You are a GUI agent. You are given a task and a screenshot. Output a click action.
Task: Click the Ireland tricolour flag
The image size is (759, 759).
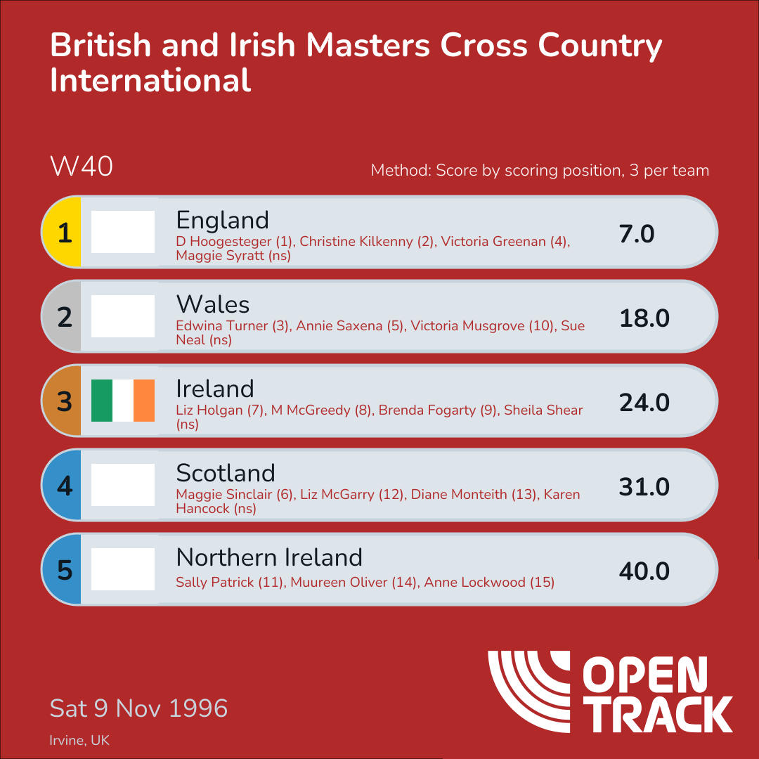123,401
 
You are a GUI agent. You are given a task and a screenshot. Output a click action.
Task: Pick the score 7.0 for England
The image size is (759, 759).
637,234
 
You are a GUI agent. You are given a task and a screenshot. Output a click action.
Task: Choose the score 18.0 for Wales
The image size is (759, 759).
644,318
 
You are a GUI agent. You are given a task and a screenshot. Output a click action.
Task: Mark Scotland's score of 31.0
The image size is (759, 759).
644,487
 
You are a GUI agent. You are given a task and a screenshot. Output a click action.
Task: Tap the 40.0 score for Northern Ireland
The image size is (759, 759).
644,571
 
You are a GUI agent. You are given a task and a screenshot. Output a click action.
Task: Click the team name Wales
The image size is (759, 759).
213,304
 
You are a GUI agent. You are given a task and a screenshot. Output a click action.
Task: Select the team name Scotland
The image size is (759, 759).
226,473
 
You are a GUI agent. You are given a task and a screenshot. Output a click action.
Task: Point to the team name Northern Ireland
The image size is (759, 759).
269,557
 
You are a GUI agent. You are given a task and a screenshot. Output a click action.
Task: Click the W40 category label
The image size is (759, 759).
81,167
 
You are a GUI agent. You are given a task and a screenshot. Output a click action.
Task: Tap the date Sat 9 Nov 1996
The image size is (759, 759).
138,708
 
